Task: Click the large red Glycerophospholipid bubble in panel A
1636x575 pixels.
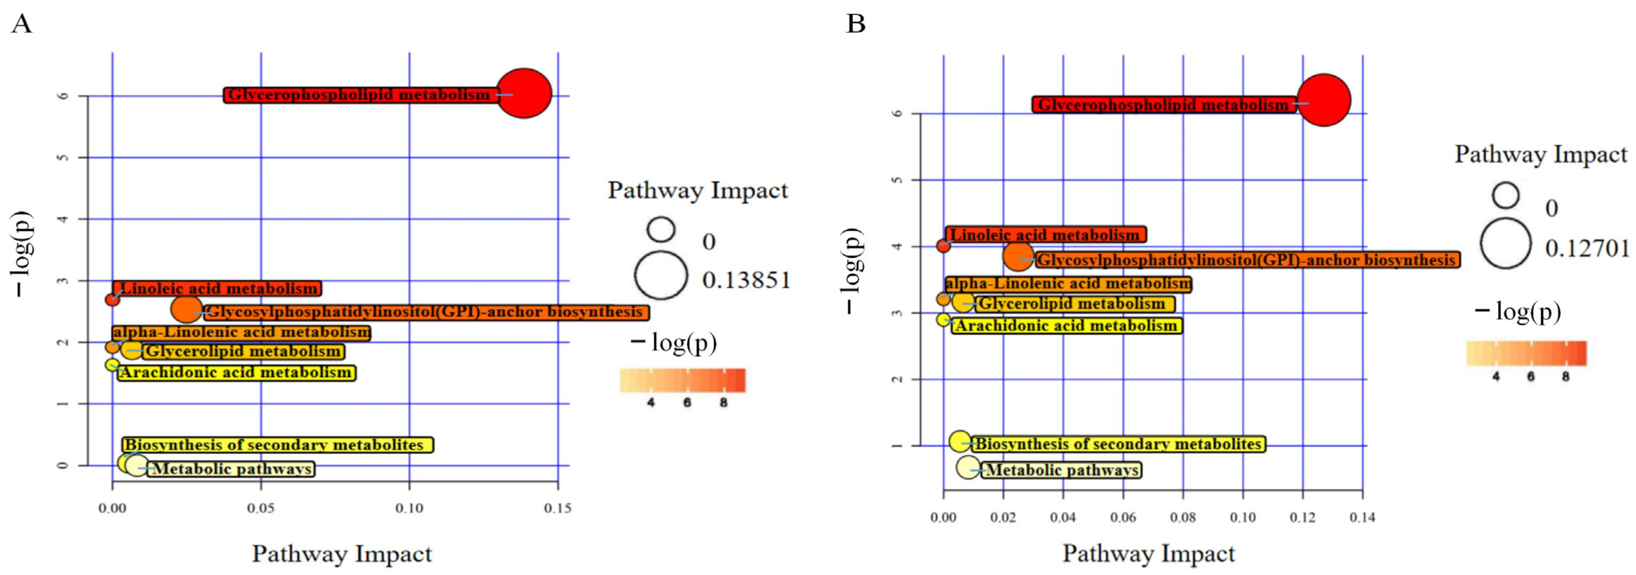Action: click(x=523, y=93)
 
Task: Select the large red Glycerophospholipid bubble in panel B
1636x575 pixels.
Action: click(x=1323, y=100)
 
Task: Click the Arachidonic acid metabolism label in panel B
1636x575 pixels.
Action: click(x=1066, y=326)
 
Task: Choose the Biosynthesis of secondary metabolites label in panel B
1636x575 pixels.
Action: click(x=1118, y=444)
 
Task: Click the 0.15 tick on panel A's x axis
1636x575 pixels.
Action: click(x=558, y=508)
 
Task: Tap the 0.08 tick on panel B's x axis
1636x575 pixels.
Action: click(x=1183, y=517)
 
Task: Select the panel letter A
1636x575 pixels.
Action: click(x=22, y=24)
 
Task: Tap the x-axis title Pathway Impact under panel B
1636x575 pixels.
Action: click(x=1148, y=553)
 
